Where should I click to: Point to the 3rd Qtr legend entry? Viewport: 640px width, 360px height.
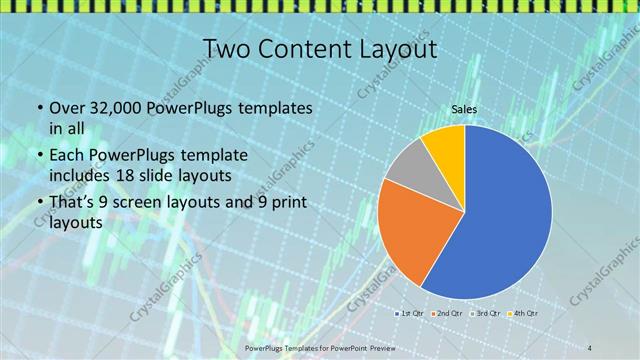pos(488,313)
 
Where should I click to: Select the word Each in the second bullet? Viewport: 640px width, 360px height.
pos(66,155)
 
